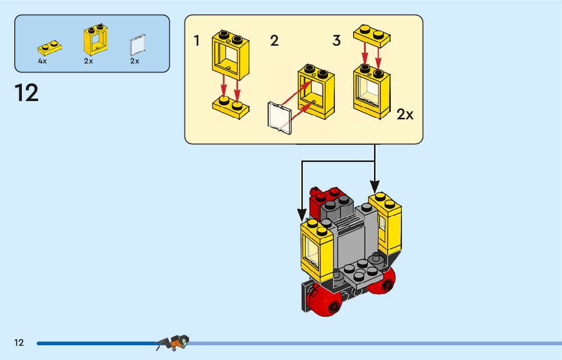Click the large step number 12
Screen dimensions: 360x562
tap(26, 93)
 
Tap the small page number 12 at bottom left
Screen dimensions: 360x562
tap(19, 343)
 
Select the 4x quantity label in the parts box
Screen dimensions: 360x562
tap(42, 61)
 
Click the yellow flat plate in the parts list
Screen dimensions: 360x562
tap(50, 49)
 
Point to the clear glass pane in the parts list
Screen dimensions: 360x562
tap(135, 46)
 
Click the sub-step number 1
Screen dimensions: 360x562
tap(197, 41)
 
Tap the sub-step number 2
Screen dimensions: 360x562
tap(274, 41)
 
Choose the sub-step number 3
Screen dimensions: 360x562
tap(336, 41)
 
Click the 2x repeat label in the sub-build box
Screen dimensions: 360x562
tap(405, 115)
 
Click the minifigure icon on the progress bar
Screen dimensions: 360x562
tap(173, 343)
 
